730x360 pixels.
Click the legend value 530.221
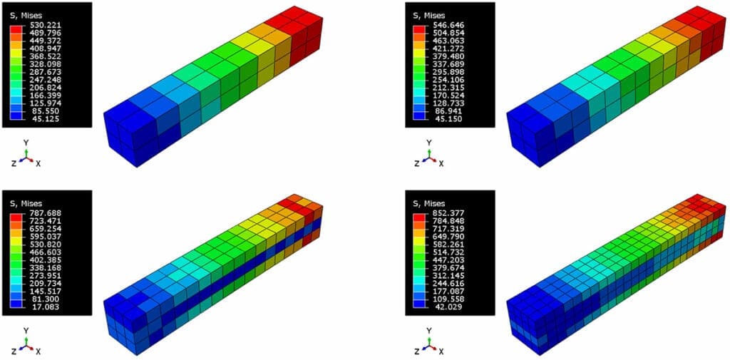click(38, 25)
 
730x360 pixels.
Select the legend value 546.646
click(441, 25)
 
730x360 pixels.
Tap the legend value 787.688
click(38, 213)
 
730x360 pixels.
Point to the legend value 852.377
click(441, 213)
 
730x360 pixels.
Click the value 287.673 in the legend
click(38, 72)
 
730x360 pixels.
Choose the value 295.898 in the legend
click(441, 72)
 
